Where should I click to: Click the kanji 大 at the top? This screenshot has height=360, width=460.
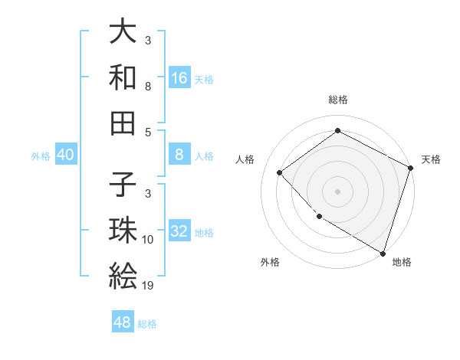(123, 32)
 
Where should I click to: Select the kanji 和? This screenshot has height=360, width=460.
(123, 77)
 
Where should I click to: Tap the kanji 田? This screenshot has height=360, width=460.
(123, 122)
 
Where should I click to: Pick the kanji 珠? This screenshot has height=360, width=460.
(123, 231)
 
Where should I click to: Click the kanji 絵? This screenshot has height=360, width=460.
(123, 275)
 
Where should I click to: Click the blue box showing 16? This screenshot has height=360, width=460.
(179, 77)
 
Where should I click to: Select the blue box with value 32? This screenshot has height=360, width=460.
(179, 231)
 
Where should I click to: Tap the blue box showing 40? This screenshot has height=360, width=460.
(65, 155)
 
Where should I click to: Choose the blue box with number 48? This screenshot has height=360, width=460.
(123, 322)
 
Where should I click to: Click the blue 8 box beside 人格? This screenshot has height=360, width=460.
(179, 155)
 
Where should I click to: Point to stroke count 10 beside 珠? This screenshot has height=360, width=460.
(148, 240)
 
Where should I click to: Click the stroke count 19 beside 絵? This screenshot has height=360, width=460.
(148, 285)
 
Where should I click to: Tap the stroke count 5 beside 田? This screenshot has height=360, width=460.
(148, 132)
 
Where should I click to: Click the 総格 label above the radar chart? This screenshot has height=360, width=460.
(337, 100)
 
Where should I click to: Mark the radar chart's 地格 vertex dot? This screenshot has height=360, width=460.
(383, 252)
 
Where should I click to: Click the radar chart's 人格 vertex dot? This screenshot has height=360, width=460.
(280, 172)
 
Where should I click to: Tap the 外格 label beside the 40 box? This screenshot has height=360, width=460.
(41, 155)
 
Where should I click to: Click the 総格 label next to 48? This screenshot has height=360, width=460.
(147, 323)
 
